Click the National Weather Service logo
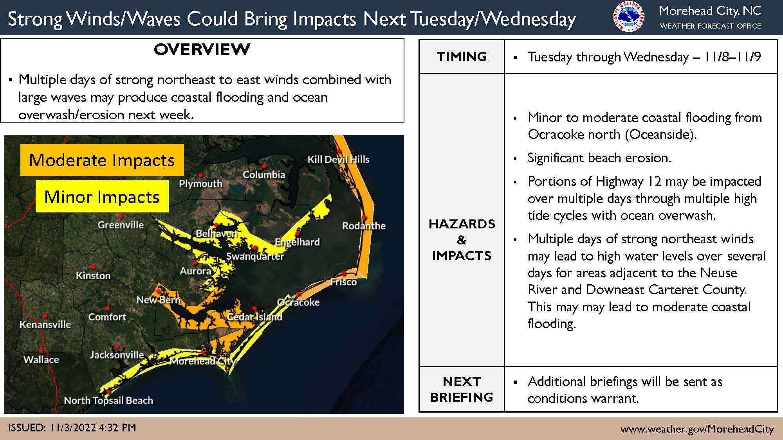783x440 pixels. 629,17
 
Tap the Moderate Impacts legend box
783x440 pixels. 102,160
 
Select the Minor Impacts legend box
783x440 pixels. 102,196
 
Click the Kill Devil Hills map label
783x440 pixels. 338,159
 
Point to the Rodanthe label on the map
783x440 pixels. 364,226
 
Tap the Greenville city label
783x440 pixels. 121,225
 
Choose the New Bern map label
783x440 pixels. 158,300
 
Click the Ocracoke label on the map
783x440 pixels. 298,302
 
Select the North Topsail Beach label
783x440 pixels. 108,400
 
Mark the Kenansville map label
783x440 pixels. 45,324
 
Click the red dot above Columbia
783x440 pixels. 264,166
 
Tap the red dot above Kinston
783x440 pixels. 93,267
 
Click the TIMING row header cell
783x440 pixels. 462,57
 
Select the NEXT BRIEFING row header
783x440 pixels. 462,389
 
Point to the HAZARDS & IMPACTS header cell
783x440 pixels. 462,239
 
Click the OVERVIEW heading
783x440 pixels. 202,50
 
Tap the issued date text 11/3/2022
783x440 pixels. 73,427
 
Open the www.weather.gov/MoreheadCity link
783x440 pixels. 697,429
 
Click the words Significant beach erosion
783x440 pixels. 599,158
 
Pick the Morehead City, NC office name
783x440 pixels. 710,11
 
